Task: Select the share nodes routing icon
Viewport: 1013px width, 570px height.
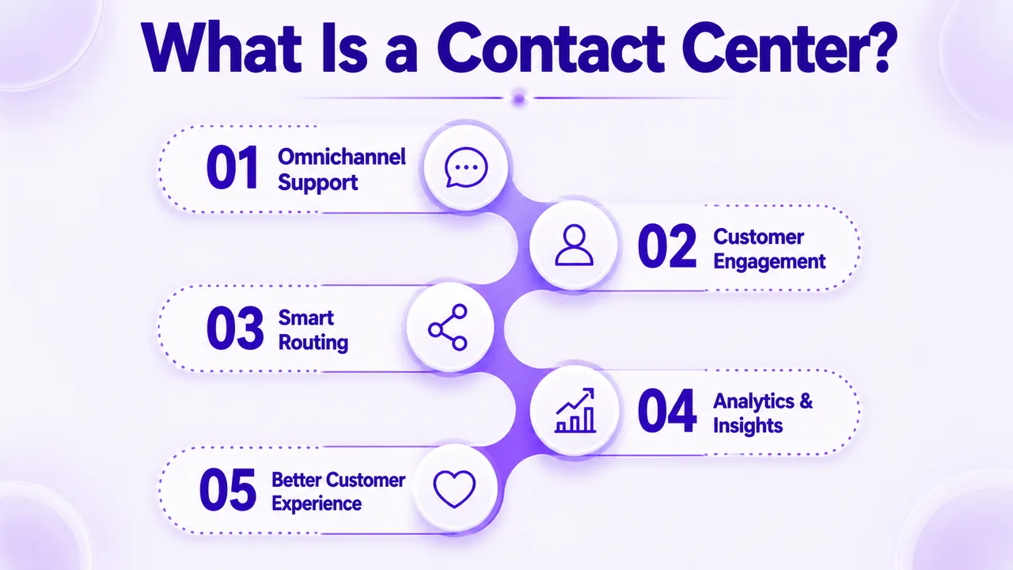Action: click(x=448, y=327)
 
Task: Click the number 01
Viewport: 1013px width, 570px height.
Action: click(x=233, y=168)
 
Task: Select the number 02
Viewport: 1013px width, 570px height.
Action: click(x=667, y=246)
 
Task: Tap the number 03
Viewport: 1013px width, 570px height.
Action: click(x=235, y=328)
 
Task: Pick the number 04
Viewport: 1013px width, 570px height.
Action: click(x=667, y=411)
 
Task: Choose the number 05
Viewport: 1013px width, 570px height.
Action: click(x=228, y=490)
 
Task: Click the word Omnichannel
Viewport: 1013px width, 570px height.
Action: click(x=342, y=157)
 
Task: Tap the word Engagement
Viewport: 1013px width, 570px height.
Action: click(x=769, y=262)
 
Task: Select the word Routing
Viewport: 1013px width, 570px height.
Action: click(x=313, y=343)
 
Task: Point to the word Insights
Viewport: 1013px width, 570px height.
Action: click(x=748, y=426)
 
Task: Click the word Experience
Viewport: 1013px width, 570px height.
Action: click(x=317, y=503)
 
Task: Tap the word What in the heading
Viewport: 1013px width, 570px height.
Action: click(x=222, y=47)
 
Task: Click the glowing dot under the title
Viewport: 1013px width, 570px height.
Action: click(x=519, y=97)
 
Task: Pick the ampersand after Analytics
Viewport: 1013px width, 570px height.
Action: click(x=806, y=401)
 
